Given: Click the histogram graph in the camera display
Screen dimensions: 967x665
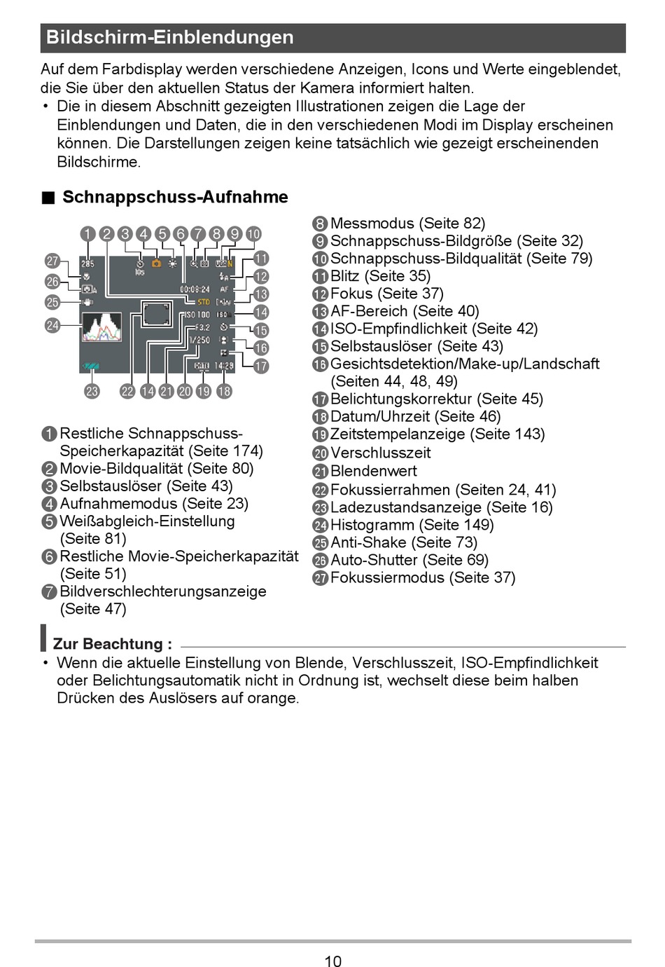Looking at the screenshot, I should tap(102, 327).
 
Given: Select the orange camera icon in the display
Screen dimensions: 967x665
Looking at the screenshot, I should tap(156, 263).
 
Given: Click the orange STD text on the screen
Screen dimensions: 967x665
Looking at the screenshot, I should tap(204, 302).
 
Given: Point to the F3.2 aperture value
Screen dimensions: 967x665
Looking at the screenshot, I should tap(202, 327).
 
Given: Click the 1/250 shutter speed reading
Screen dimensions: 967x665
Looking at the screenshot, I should tap(199, 340).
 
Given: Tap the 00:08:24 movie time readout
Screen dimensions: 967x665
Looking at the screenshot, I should tap(195, 289).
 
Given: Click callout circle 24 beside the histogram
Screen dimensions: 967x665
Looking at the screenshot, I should tap(52, 325).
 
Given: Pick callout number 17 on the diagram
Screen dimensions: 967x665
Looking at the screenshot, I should tap(261, 366).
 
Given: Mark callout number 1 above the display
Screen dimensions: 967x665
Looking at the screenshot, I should tap(87, 234).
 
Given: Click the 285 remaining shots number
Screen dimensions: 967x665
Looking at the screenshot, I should tap(87, 263).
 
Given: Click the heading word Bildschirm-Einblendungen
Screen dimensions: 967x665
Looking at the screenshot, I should tap(170, 38).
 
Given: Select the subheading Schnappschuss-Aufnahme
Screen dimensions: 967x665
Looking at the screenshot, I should tap(175, 197).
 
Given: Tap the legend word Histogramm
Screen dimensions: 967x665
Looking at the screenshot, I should tap(372, 525).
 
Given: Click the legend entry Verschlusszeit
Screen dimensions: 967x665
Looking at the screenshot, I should tap(380, 453).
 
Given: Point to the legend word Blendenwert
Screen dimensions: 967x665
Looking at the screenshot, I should tap(373, 471).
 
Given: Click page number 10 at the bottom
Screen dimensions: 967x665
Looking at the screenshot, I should tap(333, 961).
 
